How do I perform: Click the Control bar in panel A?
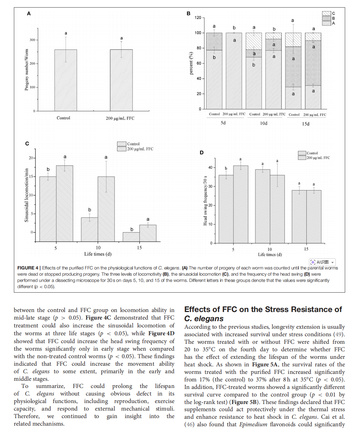pyautogui.click(x=65, y=80)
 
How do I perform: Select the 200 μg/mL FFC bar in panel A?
pyautogui.click(x=121, y=80)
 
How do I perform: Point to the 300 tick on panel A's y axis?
pyautogui.click(x=32, y=40)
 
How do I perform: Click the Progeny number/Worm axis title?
pyautogui.click(x=27, y=70)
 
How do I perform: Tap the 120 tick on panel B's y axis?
pyautogui.click(x=198, y=18)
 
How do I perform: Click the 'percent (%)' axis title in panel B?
pyautogui.click(x=191, y=63)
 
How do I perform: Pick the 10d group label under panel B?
pyautogui.click(x=264, y=123)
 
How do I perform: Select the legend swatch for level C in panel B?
pyautogui.click(x=326, y=13)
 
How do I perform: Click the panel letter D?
pyautogui.click(x=202, y=153)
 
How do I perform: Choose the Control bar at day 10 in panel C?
pyautogui.click(x=89, y=230)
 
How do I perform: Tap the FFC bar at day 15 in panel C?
pyautogui.click(x=148, y=233)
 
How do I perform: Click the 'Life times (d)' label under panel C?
pyautogui.click(x=98, y=254)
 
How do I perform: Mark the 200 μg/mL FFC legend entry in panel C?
pyautogui.click(x=135, y=149)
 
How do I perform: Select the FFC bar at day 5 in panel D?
pyautogui.click(x=241, y=204)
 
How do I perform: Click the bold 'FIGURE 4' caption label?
pyautogui.click(x=28, y=268)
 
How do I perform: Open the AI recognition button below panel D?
pyautogui.click(x=322, y=262)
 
